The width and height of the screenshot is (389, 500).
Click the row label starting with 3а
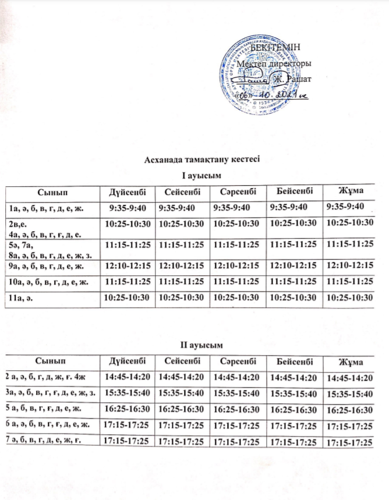click(52, 392)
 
